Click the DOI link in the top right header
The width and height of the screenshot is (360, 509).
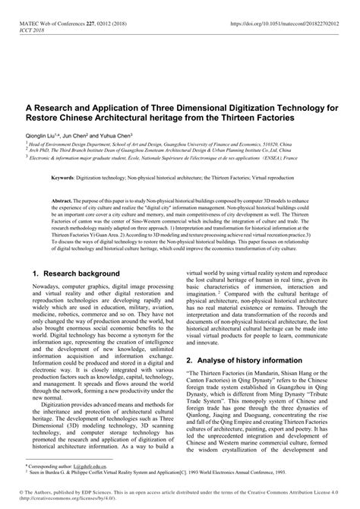287,7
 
